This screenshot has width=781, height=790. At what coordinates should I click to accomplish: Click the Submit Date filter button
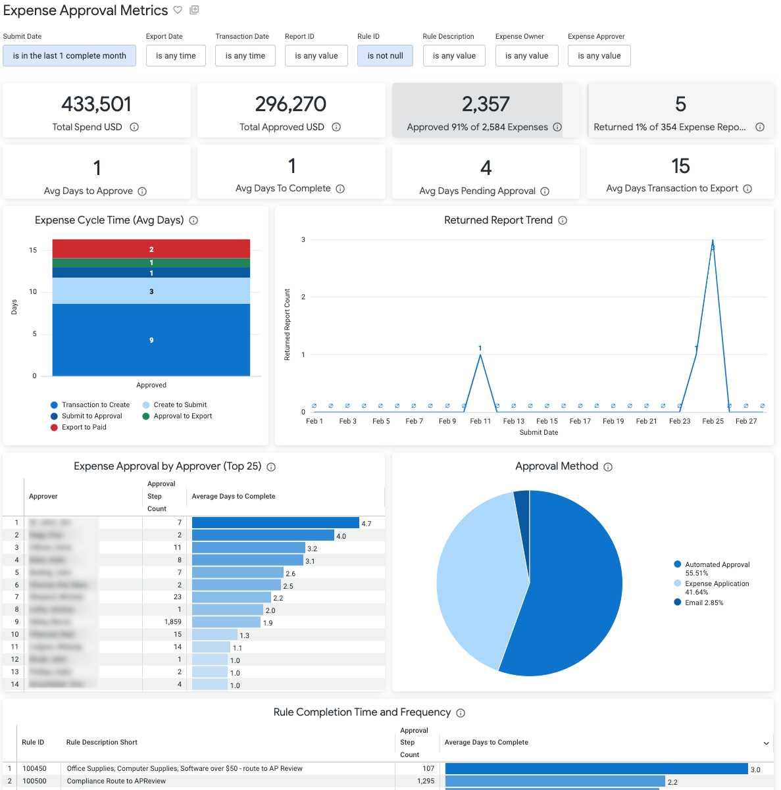(69, 56)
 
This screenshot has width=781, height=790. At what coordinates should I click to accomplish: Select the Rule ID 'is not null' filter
(385, 56)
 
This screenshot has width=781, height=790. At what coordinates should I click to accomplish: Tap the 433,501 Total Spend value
(96, 104)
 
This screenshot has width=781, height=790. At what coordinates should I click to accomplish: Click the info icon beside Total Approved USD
(336, 127)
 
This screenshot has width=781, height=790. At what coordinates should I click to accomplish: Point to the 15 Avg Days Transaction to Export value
(680, 166)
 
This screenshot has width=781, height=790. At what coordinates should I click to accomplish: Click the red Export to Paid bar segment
(151, 249)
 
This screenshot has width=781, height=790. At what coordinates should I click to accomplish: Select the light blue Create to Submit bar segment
(151, 291)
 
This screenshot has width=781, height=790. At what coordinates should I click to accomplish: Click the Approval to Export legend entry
(182, 416)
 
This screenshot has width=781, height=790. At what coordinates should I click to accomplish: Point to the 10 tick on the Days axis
(33, 291)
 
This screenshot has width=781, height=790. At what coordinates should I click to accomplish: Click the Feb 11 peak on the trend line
(480, 355)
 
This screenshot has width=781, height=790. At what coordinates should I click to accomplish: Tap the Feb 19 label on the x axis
(613, 421)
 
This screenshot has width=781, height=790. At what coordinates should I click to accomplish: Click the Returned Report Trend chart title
(498, 220)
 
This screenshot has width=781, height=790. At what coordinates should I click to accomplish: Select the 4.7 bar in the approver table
(275, 523)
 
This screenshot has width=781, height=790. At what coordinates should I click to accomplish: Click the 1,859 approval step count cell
(173, 622)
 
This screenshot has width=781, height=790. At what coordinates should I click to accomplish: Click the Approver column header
(43, 496)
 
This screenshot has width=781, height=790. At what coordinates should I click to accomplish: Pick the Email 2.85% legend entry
(703, 603)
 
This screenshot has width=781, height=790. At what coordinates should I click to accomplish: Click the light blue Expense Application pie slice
(474, 579)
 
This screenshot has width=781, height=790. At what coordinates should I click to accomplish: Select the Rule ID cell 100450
(35, 768)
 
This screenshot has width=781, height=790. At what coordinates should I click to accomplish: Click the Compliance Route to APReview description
(116, 781)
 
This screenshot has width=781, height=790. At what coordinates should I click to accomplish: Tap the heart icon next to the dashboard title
(178, 10)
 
